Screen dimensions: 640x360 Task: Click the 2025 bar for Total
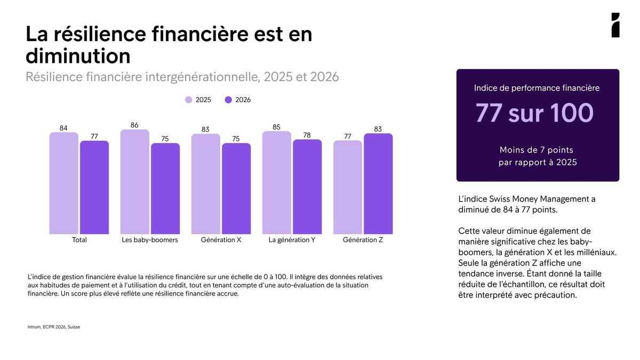point(63,183)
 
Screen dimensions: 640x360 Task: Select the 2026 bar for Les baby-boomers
point(165,189)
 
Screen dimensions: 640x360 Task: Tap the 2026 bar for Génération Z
point(378,183)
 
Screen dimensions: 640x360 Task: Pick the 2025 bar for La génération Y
point(277,182)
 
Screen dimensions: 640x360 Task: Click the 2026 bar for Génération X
point(236,189)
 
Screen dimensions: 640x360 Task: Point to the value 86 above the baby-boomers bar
point(134,125)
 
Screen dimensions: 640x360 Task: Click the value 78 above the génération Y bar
point(307,135)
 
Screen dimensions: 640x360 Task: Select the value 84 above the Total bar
point(63,128)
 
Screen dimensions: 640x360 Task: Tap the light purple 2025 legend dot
point(189,100)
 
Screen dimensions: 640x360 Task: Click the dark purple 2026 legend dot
point(228,100)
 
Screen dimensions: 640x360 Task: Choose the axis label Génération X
point(221,239)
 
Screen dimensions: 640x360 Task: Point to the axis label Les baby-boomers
point(150,239)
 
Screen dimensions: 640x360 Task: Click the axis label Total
point(79,239)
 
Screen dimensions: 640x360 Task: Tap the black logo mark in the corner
point(615,25)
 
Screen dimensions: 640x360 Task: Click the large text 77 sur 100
point(534,113)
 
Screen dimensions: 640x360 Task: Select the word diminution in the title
point(78,55)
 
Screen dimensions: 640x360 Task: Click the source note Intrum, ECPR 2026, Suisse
point(54,327)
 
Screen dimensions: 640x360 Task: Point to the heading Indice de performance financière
point(537,88)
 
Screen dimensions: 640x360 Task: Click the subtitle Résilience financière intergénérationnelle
point(142,77)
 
